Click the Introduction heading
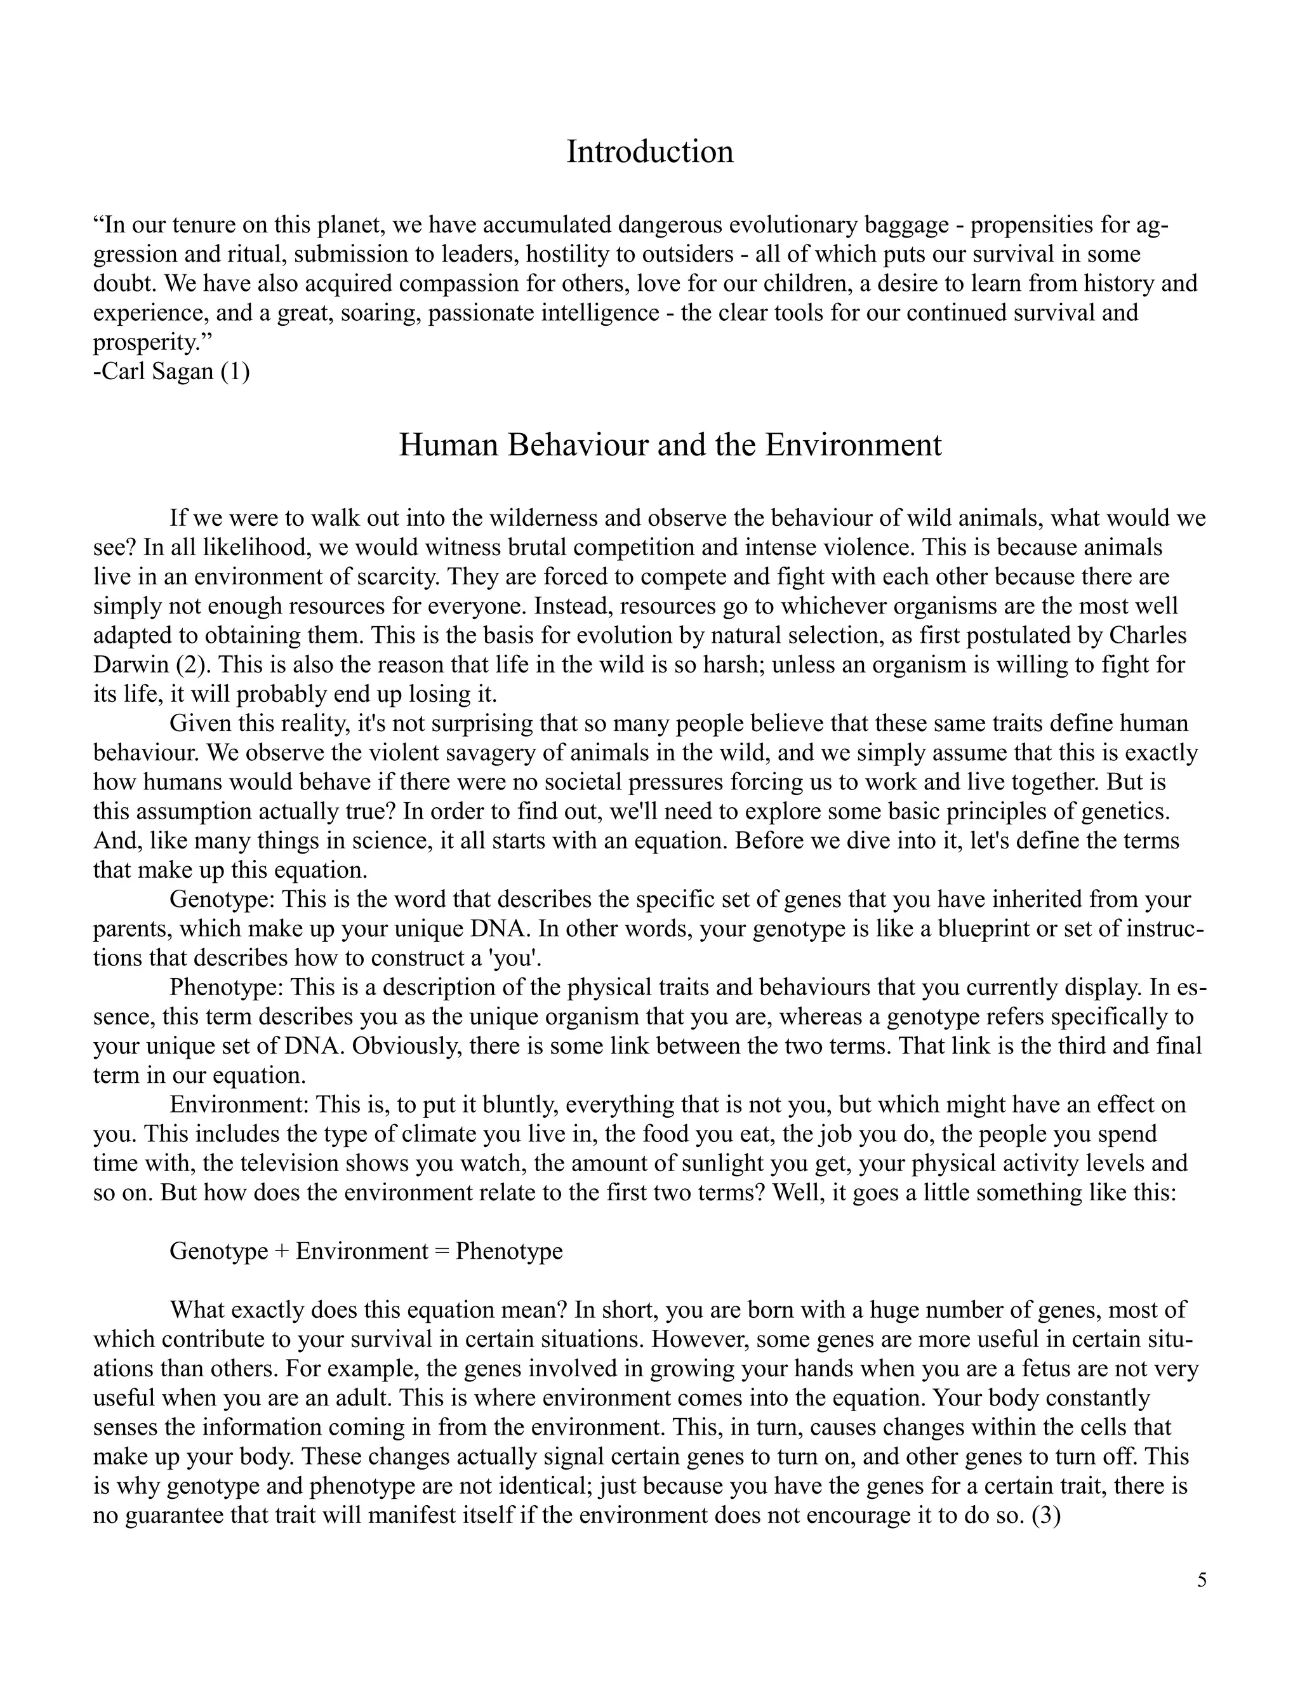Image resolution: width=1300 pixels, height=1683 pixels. [x=649, y=152]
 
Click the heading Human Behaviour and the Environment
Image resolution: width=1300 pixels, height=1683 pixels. [x=669, y=445]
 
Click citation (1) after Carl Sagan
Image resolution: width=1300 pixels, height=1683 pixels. [x=235, y=372]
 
